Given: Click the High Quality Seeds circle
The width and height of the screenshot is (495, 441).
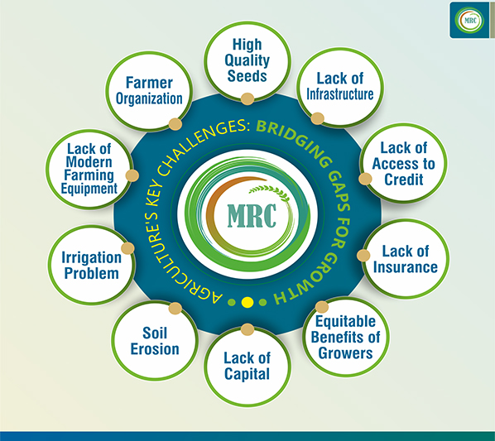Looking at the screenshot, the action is click(247, 61).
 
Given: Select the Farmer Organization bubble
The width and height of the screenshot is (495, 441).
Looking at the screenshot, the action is click(149, 91).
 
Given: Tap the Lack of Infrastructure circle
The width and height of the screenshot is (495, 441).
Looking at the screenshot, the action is click(340, 88).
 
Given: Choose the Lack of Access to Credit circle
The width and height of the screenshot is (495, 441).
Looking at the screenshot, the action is click(403, 163).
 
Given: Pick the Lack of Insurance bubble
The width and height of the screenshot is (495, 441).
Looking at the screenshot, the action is click(406, 259).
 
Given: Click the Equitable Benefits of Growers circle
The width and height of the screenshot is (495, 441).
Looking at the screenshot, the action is click(346, 337).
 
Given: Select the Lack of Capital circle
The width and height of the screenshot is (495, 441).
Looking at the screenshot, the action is click(247, 367).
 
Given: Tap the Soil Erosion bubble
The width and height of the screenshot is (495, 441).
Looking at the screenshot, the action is click(155, 341).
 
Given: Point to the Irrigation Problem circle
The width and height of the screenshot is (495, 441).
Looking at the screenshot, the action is click(92, 265).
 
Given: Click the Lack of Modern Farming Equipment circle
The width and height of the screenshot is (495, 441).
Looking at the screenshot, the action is click(89, 169).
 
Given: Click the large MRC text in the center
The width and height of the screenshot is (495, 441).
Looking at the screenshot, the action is click(252, 216).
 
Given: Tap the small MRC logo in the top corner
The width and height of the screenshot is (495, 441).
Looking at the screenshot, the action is click(470, 21).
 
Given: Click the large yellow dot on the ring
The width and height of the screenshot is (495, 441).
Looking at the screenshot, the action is click(247, 302).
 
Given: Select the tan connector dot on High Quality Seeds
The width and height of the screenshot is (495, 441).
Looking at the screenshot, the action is click(247, 98).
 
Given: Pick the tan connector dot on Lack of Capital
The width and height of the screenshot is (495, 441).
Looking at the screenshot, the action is click(247, 329).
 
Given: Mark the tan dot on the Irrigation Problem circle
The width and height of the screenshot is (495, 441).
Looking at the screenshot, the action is click(127, 248).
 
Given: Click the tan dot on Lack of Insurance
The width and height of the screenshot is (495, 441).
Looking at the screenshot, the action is click(363, 255).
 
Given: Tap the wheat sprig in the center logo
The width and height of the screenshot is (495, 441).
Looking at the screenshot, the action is click(269, 192).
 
